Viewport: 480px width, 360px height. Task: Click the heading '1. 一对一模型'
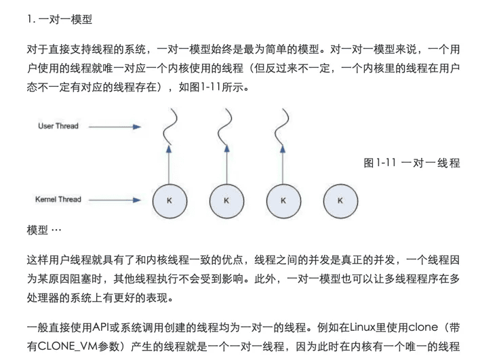(x=60, y=19)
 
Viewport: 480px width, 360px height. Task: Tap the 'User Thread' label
(x=58, y=126)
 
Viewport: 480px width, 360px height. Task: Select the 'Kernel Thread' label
(x=58, y=199)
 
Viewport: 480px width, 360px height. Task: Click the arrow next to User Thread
(x=115, y=126)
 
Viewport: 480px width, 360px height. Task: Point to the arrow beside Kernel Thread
(x=115, y=200)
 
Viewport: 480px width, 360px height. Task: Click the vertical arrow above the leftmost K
(x=169, y=165)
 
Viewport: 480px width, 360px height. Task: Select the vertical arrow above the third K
(x=283, y=165)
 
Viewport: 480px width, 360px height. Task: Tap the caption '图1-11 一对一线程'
(x=412, y=163)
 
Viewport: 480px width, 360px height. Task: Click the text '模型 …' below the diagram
(x=44, y=230)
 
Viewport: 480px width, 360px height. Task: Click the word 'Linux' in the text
(x=363, y=327)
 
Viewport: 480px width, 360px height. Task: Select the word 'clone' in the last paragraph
(x=423, y=327)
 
